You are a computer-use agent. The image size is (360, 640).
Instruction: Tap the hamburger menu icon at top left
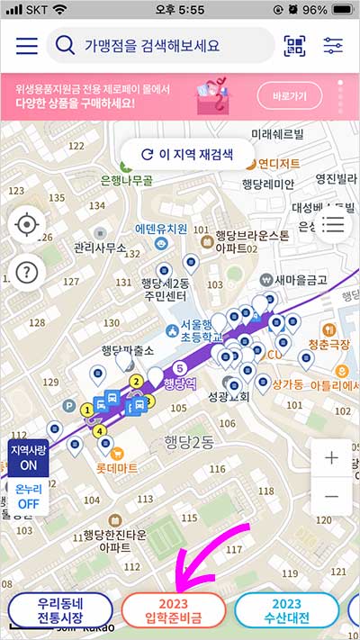(26, 45)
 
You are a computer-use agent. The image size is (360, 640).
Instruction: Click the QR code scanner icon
(294, 45)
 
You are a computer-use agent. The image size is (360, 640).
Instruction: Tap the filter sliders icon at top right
(333, 45)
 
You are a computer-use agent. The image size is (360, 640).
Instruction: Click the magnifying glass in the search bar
(65, 45)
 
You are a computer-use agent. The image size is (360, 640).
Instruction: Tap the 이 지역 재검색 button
(188, 154)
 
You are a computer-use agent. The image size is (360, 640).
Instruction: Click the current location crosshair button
(27, 224)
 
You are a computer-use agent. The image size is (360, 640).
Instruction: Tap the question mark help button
(27, 270)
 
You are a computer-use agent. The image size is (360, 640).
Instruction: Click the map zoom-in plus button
(331, 457)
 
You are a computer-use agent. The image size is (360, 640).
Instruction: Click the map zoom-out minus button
(331, 496)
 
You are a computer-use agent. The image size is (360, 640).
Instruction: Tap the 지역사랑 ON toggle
(28, 456)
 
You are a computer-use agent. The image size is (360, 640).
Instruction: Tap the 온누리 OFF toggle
(28, 496)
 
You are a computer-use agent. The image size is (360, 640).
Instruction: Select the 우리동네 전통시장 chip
(60, 610)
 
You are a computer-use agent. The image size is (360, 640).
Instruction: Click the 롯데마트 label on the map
(117, 468)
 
